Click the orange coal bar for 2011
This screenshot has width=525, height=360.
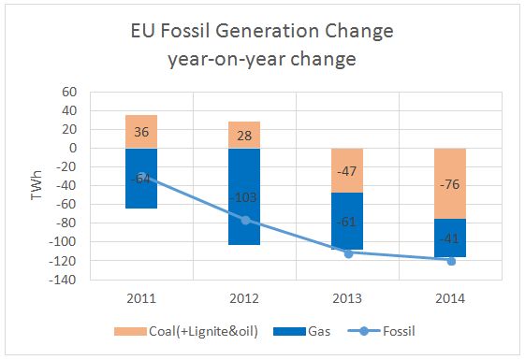141,131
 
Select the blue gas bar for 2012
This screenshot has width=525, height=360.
245,187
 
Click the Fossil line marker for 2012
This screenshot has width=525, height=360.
245,220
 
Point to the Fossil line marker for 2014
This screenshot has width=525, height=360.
452,261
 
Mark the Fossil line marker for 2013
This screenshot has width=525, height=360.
349,253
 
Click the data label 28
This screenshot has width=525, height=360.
245,137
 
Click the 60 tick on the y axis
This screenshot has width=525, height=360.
67,92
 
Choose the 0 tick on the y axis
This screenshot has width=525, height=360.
71,148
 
